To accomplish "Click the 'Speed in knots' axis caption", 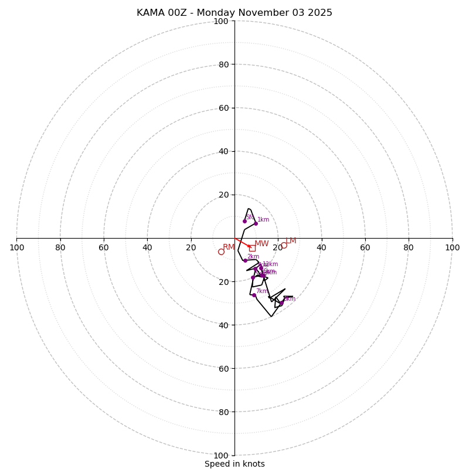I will pyautogui.click(x=235, y=464).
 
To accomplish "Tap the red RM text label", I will pyautogui.click(x=229, y=247).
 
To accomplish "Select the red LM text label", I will pyautogui.click(x=291, y=241).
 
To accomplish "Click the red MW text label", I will pyautogui.click(x=261, y=244).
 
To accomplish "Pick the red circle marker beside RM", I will pyautogui.click(x=221, y=252).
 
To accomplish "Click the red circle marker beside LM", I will pyautogui.click(x=284, y=245).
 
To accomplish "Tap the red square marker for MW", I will pyautogui.click(x=252, y=248).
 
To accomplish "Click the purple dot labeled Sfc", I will pyautogui.click(x=244, y=221).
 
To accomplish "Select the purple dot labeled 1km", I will pyautogui.click(x=256, y=223).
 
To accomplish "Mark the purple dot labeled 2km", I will pyautogui.click(x=245, y=260).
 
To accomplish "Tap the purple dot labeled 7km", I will pyautogui.click(x=254, y=295).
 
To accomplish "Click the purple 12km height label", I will pyautogui.click(x=270, y=264).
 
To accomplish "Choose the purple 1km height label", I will pyautogui.click(x=263, y=220).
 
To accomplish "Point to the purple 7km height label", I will pyautogui.click(x=261, y=291).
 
